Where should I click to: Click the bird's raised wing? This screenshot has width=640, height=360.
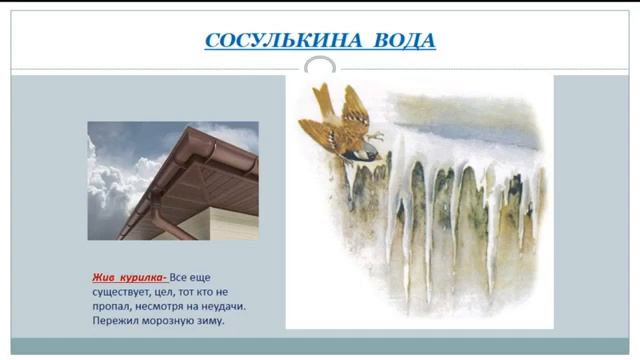351,101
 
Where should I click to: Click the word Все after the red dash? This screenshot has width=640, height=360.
178,276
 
